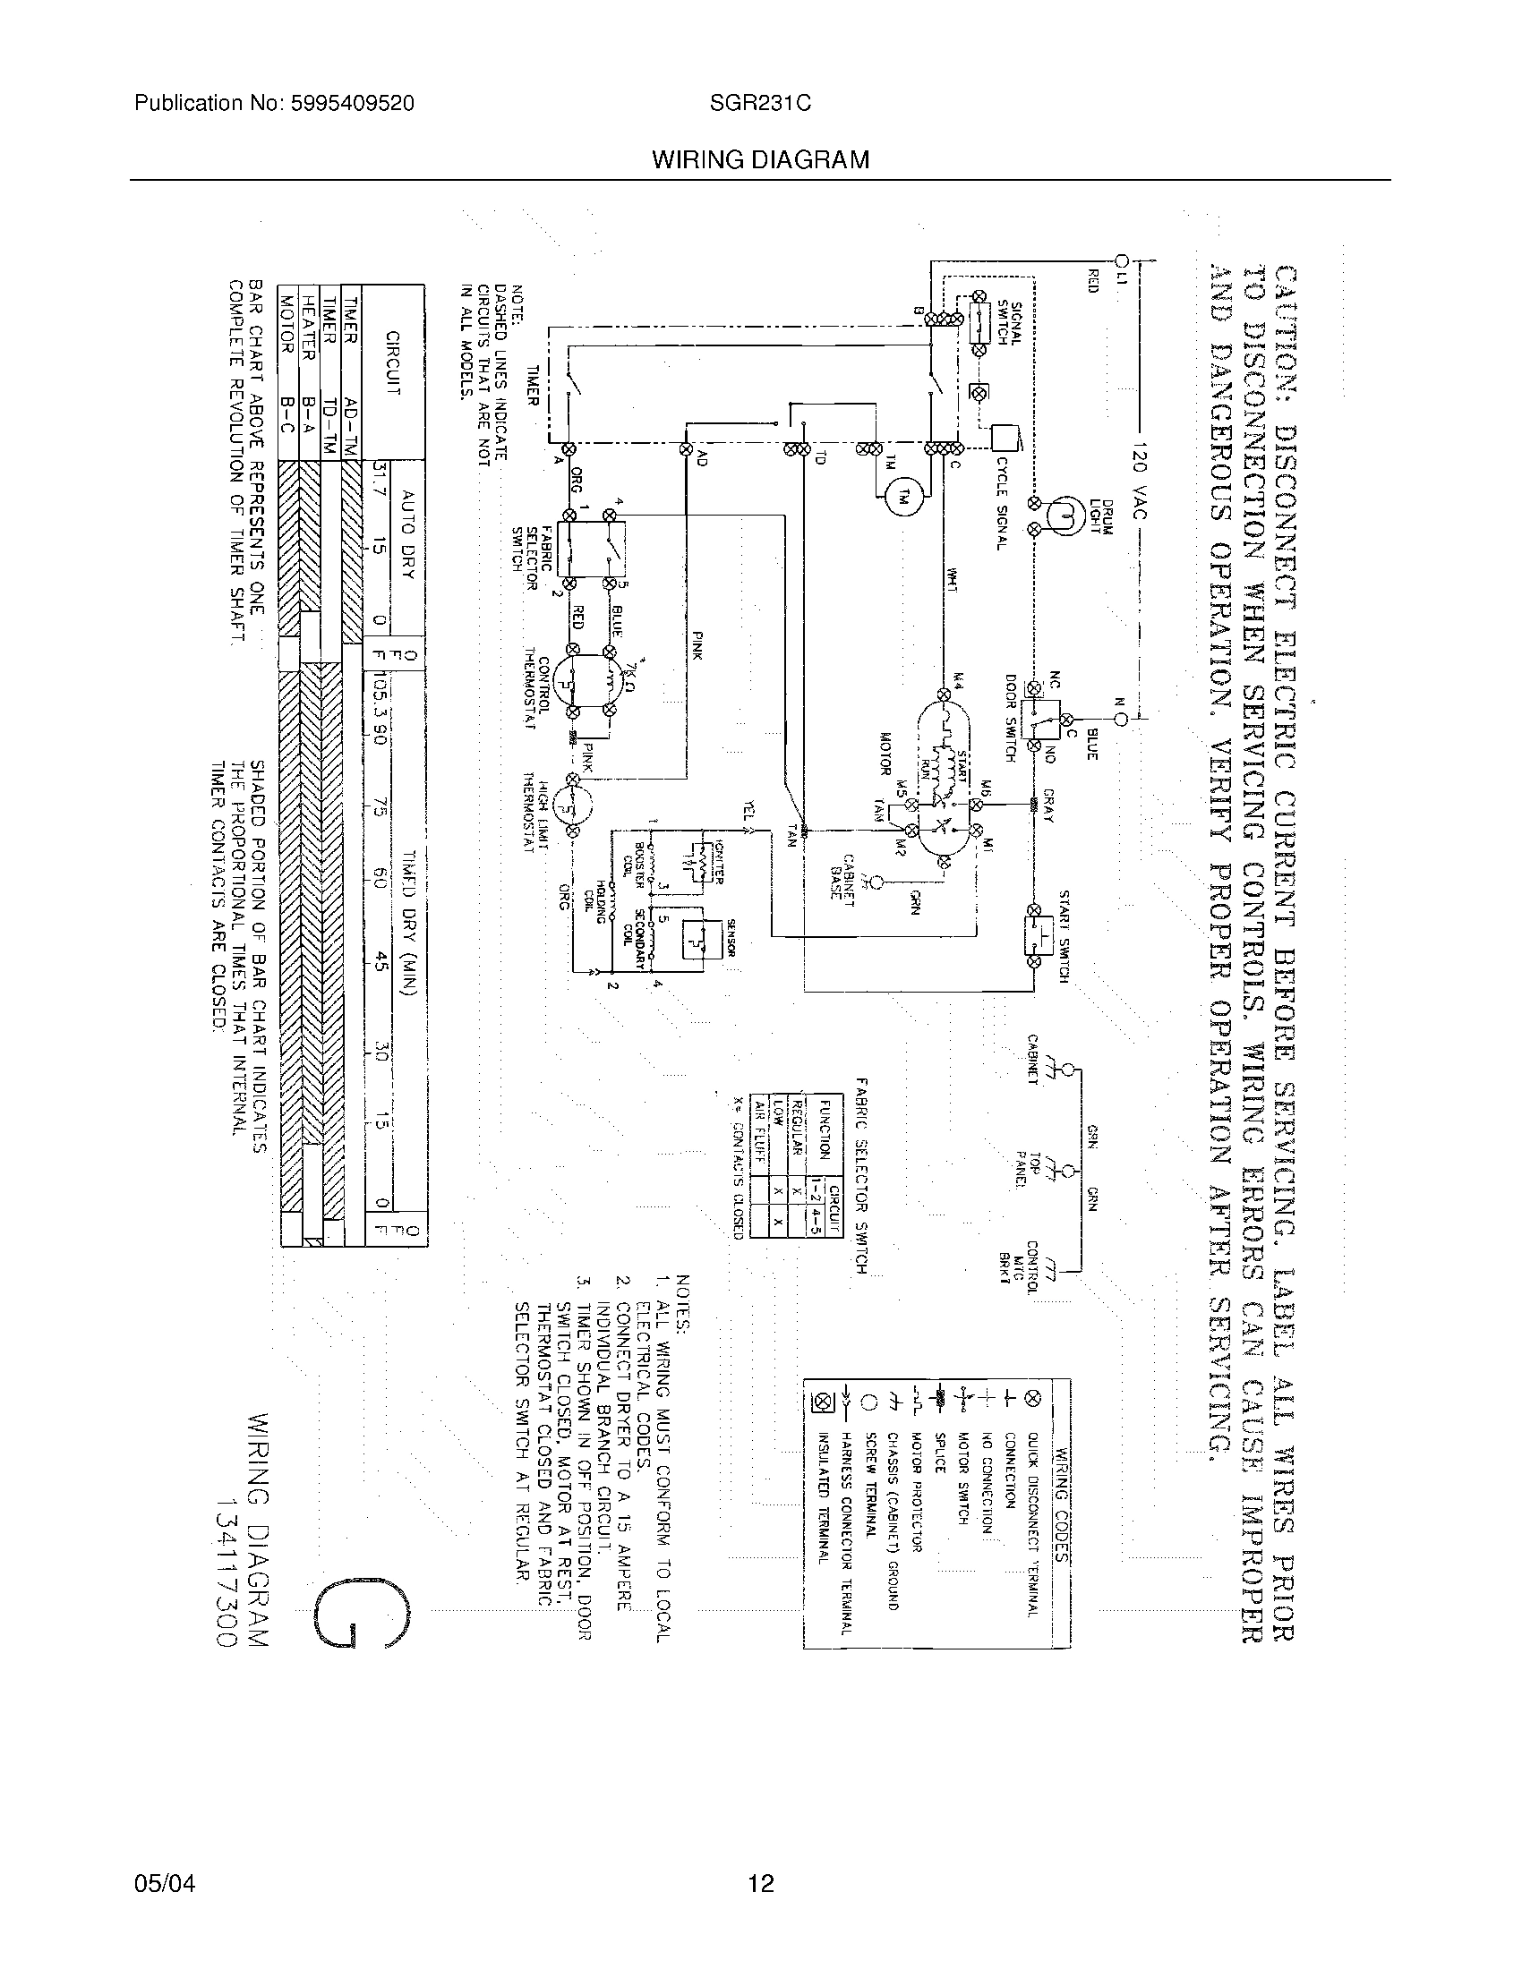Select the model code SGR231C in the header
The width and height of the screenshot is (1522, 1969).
[759, 104]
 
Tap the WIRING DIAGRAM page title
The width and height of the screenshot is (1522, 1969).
[760, 160]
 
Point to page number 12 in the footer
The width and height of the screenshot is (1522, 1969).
[761, 1883]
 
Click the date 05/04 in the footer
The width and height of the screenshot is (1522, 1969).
[165, 1883]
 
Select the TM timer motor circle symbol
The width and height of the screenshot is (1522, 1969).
[902, 498]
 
